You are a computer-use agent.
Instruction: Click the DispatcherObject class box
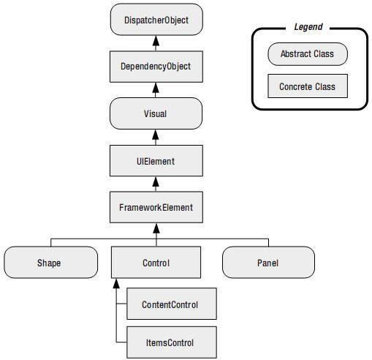click(x=156, y=20)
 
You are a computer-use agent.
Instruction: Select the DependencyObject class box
click(x=156, y=67)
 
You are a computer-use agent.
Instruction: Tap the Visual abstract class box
click(x=156, y=113)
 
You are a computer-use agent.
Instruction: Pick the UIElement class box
click(x=156, y=161)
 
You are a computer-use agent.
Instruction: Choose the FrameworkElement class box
click(x=156, y=207)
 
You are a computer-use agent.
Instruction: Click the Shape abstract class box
click(x=51, y=263)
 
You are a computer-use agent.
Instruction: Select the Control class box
click(x=156, y=263)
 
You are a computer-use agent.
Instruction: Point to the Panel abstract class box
click(x=268, y=263)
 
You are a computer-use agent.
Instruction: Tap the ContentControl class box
click(x=172, y=304)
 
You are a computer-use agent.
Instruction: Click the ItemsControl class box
click(x=172, y=342)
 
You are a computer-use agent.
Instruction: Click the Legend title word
click(x=308, y=27)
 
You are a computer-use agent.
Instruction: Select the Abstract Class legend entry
click(x=308, y=54)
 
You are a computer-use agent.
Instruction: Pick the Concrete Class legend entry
click(x=308, y=86)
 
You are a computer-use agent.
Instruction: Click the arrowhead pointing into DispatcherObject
click(x=156, y=40)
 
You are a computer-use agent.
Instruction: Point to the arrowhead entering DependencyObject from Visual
click(x=156, y=88)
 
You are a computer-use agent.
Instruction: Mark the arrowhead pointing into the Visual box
click(x=156, y=135)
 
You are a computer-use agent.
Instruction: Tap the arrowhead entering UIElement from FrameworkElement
click(x=156, y=181)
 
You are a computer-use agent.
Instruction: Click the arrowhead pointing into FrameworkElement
click(x=156, y=228)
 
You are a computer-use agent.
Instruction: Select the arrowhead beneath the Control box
click(x=116, y=283)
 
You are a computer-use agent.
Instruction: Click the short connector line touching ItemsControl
click(x=121, y=342)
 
